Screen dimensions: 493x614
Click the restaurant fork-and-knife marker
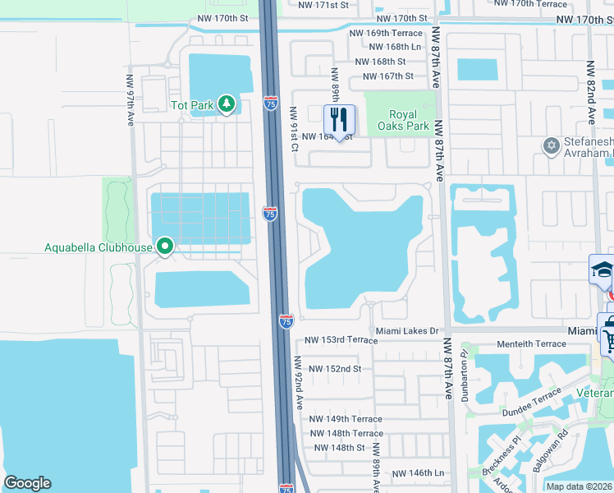click(x=338, y=119)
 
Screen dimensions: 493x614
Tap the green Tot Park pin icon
click(x=227, y=104)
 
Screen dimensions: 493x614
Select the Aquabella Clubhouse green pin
click(x=164, y=246)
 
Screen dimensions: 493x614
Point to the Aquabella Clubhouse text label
click(x=99, y=247)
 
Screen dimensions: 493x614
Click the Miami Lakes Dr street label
click(x=408, y=330)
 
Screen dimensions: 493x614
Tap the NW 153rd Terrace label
click(x=341, y=340)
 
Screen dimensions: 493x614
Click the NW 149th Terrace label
click(x=346, y=419)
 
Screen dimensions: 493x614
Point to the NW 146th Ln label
click(x=419, y=473)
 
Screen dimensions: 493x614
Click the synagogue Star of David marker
click(x=551, y=146)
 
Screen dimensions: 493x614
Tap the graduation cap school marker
click(x=602, y=270)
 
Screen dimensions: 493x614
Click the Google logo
click(x=27, y=483)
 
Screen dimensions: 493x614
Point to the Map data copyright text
click(x=578, y=486)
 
